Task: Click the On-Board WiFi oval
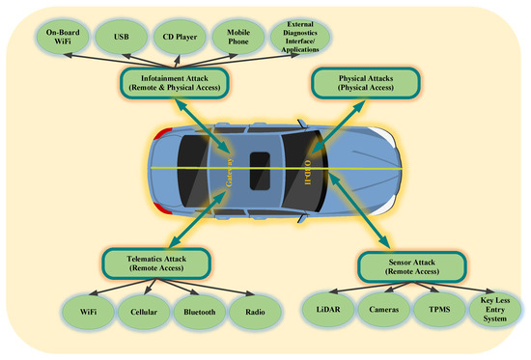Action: coord(61,38)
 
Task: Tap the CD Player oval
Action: coord(179,38)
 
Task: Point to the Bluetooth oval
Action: coord(202,311)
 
